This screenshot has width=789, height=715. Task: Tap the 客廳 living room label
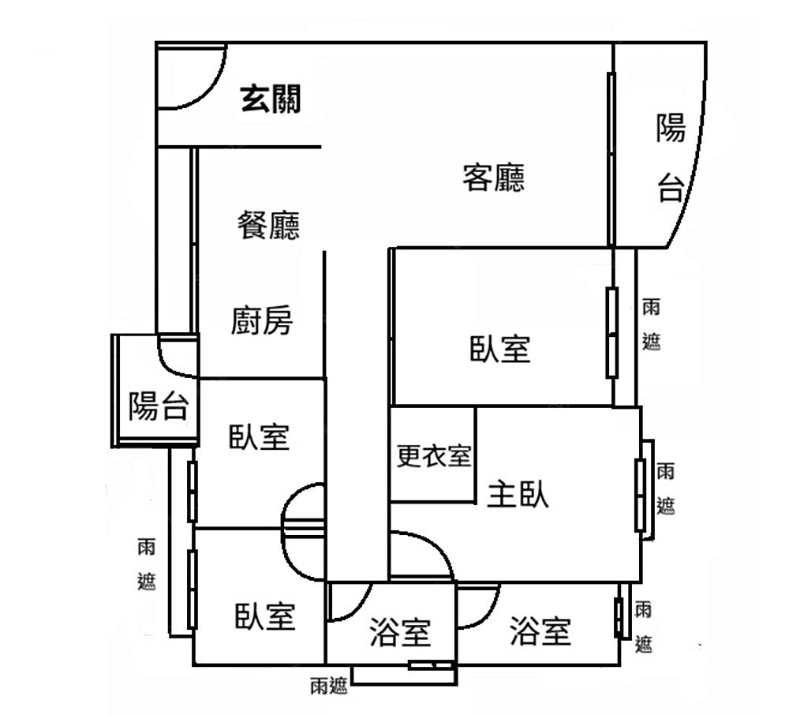coord(494,178)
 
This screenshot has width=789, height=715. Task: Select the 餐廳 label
coord(269,226)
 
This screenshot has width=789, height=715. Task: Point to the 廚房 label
coord(262,321)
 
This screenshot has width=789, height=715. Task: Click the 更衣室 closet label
coord(433,455)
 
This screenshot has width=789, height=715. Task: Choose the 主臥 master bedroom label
coord(518,494)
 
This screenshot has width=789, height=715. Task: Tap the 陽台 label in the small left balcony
coord(158,406)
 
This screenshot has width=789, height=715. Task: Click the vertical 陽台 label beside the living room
coord(671,158)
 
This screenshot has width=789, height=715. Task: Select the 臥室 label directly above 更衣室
coord(500,348)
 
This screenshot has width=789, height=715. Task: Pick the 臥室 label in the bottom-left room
coord(265,616)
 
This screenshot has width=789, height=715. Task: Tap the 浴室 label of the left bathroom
coord(400,631)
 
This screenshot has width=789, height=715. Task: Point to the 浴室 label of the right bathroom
coord(540,631)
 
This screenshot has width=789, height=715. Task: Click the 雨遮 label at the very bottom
coord(328,686)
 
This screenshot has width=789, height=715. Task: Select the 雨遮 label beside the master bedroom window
coord(666,489)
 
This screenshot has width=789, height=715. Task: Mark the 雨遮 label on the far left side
coord(147,564)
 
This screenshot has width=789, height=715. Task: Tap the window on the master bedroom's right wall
coord(641,494)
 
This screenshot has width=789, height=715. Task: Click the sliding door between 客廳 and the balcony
coord(611,158)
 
